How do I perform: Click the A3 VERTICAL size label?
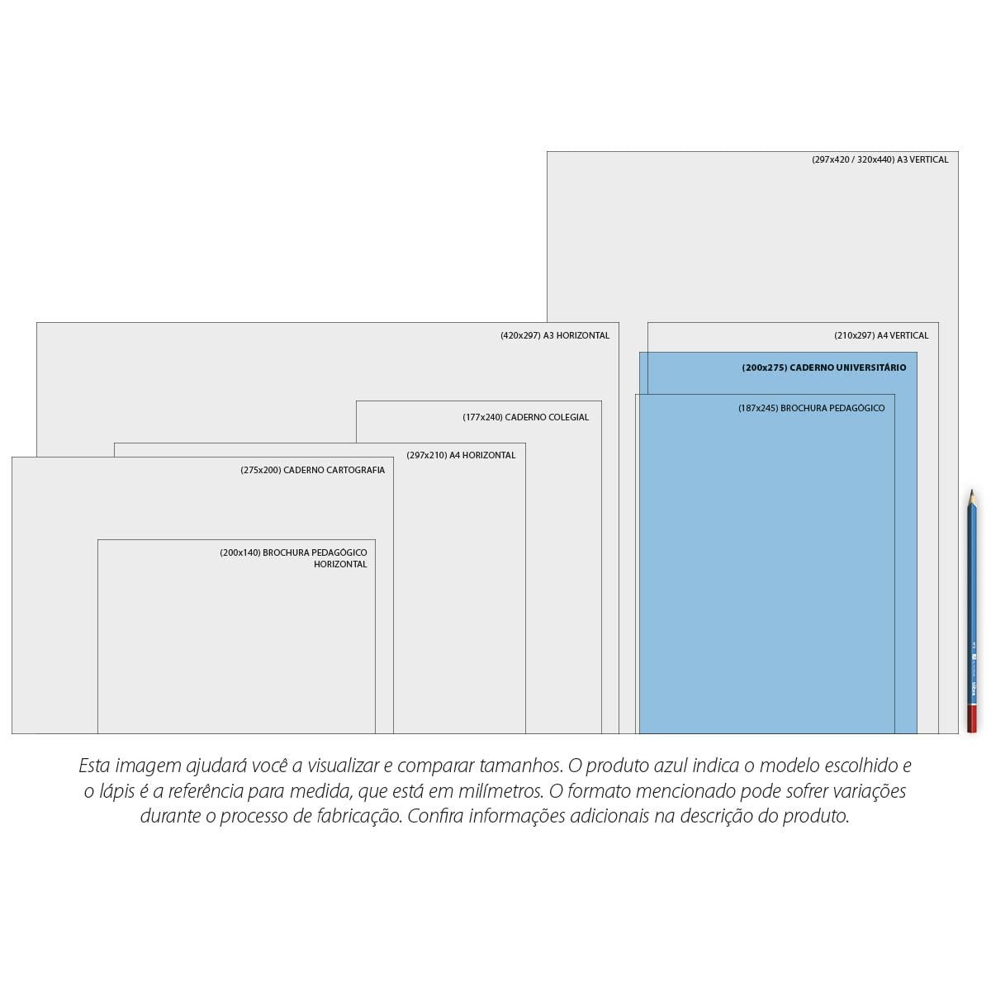[x=880, y=159]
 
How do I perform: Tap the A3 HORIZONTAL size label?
[x=555, y=335]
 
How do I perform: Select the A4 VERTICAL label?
[x=881, y=335]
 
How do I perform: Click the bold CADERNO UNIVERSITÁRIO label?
[x=824, y=367]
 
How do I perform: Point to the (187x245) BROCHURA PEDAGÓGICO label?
[x=812, y=408]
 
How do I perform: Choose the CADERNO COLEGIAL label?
[x=525, y=417]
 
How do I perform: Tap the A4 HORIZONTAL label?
[x=461, y=455]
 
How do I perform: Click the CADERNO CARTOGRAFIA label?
[x=313, y=470]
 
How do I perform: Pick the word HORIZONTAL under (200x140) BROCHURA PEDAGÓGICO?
[x=340, y=564]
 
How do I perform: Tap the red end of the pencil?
[x=971, y=719]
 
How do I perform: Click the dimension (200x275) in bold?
[x=765, y=367]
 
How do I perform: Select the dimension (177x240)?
[x=482, y=417]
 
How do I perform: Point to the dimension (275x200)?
[x=261, y=470]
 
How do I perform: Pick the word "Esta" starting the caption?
[x=94, y=766]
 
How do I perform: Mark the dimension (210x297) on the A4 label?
[x=854, y=335]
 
